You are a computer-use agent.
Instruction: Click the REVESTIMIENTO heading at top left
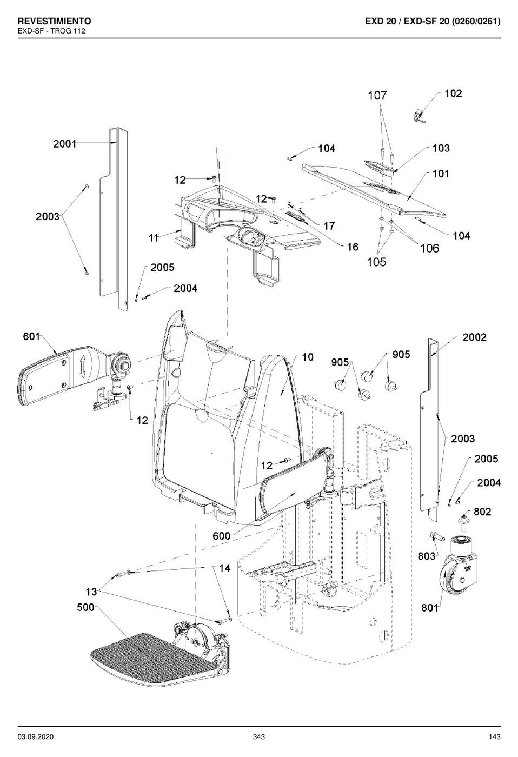click(54, 21)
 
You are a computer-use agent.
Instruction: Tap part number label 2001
click(65, 144)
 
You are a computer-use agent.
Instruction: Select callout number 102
click(453, 93)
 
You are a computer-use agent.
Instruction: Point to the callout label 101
click(441, 174)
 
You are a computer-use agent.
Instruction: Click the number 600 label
click(221, 536)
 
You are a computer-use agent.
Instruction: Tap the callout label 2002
click(474, 337)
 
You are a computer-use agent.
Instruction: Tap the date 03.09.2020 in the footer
click(36, 737)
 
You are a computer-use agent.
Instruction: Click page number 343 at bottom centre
click(259, 737)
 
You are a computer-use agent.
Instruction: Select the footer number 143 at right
click(494, 737)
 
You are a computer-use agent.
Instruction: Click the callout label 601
click(31, 336)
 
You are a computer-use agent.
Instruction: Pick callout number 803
click(427, 556)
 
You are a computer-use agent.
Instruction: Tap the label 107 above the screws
click(377, 96)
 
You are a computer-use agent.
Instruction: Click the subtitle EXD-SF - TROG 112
click(51, 31)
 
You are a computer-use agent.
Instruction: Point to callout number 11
click(154, 238)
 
